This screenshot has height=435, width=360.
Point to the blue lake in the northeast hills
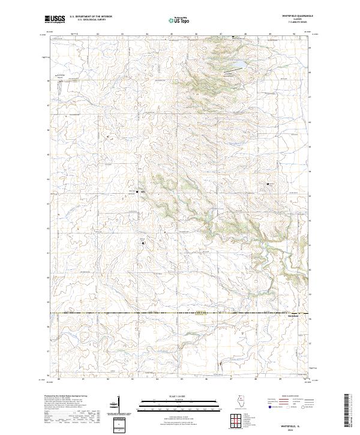238,62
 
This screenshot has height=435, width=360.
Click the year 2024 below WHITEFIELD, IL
290,428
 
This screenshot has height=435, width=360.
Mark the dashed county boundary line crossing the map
180,313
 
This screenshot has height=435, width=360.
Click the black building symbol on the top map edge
233,37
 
